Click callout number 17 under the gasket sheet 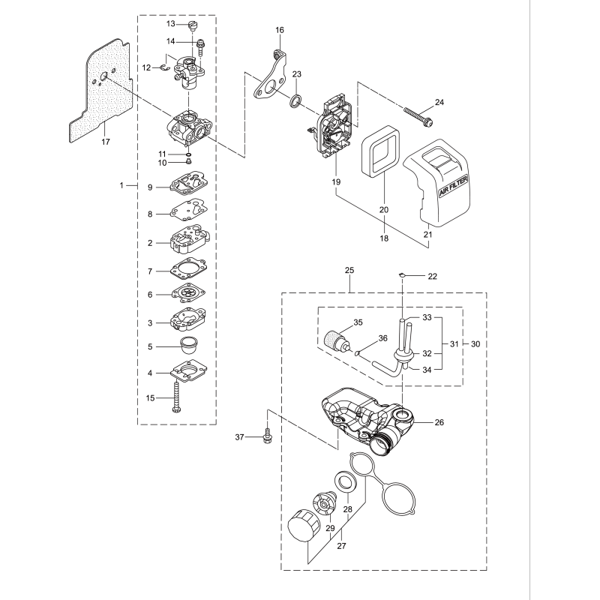point(106,142)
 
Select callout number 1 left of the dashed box point(122,184)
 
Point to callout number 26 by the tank point(439,423)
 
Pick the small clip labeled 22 point(403,274)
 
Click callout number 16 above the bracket point(280,30)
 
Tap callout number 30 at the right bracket point(475,343)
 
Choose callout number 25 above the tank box point(349,269)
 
